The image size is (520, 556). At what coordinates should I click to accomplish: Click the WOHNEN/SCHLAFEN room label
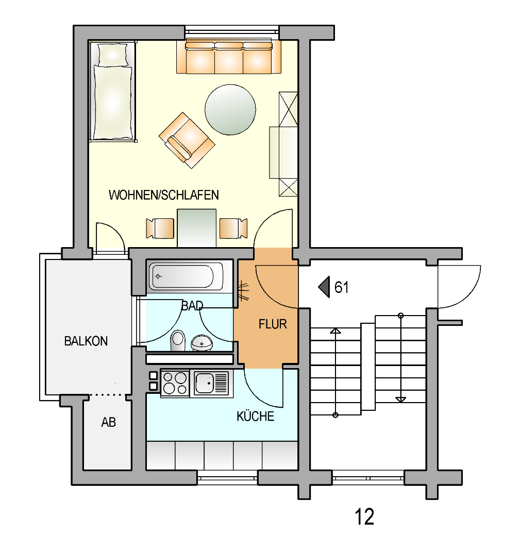tap(164, 195)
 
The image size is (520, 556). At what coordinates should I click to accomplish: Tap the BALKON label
tap(86, 341)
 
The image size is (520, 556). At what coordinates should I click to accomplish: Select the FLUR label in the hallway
tap(273, 324)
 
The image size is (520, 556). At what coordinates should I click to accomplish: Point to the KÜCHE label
tap(255, 416)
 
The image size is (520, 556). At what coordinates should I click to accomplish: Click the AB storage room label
tap(109, 422)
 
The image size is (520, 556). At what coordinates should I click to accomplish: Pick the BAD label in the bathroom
tap(192, 306)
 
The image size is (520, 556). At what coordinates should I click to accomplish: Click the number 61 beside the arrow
tap(342, 287)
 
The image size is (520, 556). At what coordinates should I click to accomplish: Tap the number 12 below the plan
tap(364, 517)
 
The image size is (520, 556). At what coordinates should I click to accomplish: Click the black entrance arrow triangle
tap(325, 287)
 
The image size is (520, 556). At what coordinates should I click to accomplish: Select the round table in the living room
tap(230, 110)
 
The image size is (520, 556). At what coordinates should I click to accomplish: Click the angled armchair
tap(187, 140)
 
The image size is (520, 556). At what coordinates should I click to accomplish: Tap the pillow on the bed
tap(112, 55)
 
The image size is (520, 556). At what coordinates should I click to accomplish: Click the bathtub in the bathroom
tap(186, 276)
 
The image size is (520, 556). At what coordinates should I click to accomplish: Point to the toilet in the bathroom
tap(178, 340)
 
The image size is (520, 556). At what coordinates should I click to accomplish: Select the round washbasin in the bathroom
tap(202, 343)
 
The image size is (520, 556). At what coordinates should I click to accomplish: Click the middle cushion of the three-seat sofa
tap(229, 59)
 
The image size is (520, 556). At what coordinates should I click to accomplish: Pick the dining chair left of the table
tap(160, 229)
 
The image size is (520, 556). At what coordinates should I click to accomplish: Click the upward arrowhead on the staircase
tap(336, 331)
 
